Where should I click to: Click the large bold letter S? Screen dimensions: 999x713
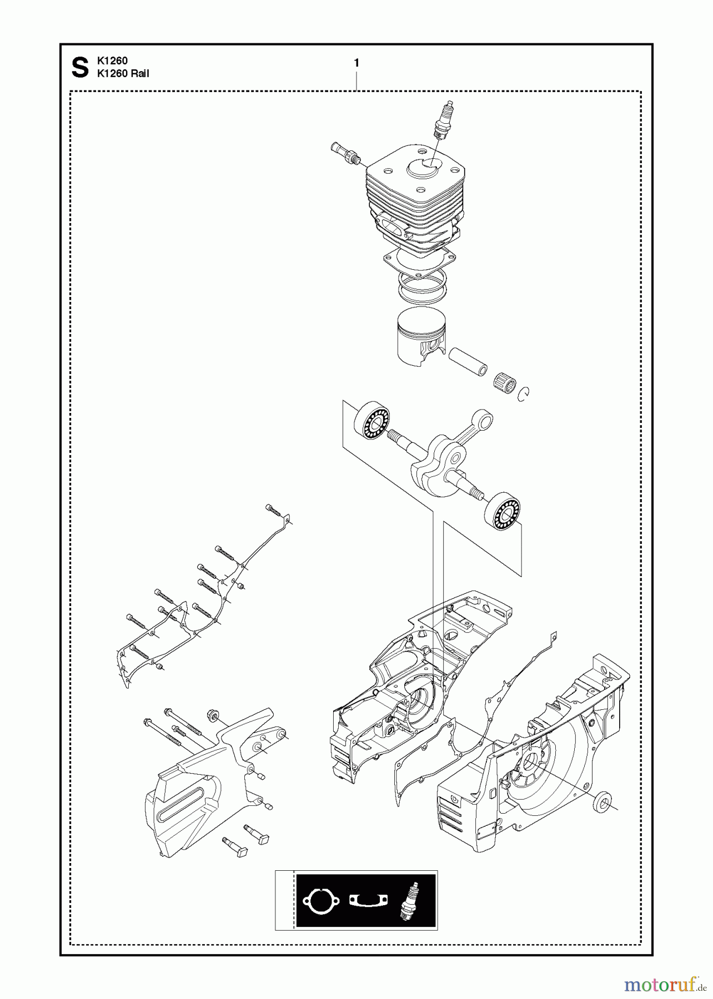(x=81, y=68)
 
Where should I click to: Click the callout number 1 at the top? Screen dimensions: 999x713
(x=356, y=63)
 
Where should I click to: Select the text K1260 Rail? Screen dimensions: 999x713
(x=123, y=73)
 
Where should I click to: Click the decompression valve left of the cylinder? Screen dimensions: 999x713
(x=344, y=152)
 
